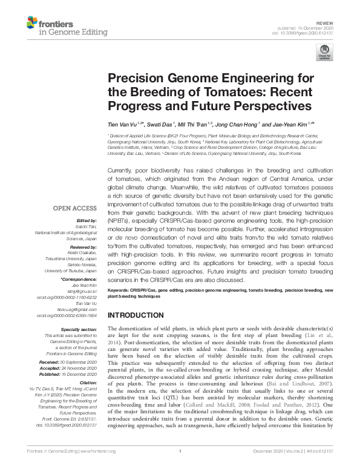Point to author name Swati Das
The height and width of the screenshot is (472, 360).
167,123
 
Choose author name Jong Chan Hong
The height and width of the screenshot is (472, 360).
238,123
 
